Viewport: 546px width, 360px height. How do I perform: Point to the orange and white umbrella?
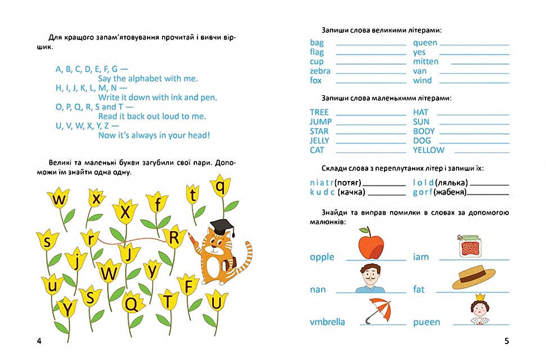click(x=379, y=310)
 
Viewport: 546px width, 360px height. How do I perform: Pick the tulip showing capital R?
click(x=174, y=238)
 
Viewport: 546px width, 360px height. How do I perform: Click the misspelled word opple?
click(x=322, y=257)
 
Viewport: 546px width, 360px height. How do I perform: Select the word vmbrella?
click(x=327, y=322)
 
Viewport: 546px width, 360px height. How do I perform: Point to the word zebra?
click(x=320, y=71)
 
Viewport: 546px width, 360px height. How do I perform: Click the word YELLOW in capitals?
click(x=429, y=150)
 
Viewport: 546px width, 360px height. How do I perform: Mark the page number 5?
click(x=506, y=341)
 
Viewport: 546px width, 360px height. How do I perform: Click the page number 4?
click(x=39, y=341)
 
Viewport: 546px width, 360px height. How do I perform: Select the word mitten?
click(x=426, y=62)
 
